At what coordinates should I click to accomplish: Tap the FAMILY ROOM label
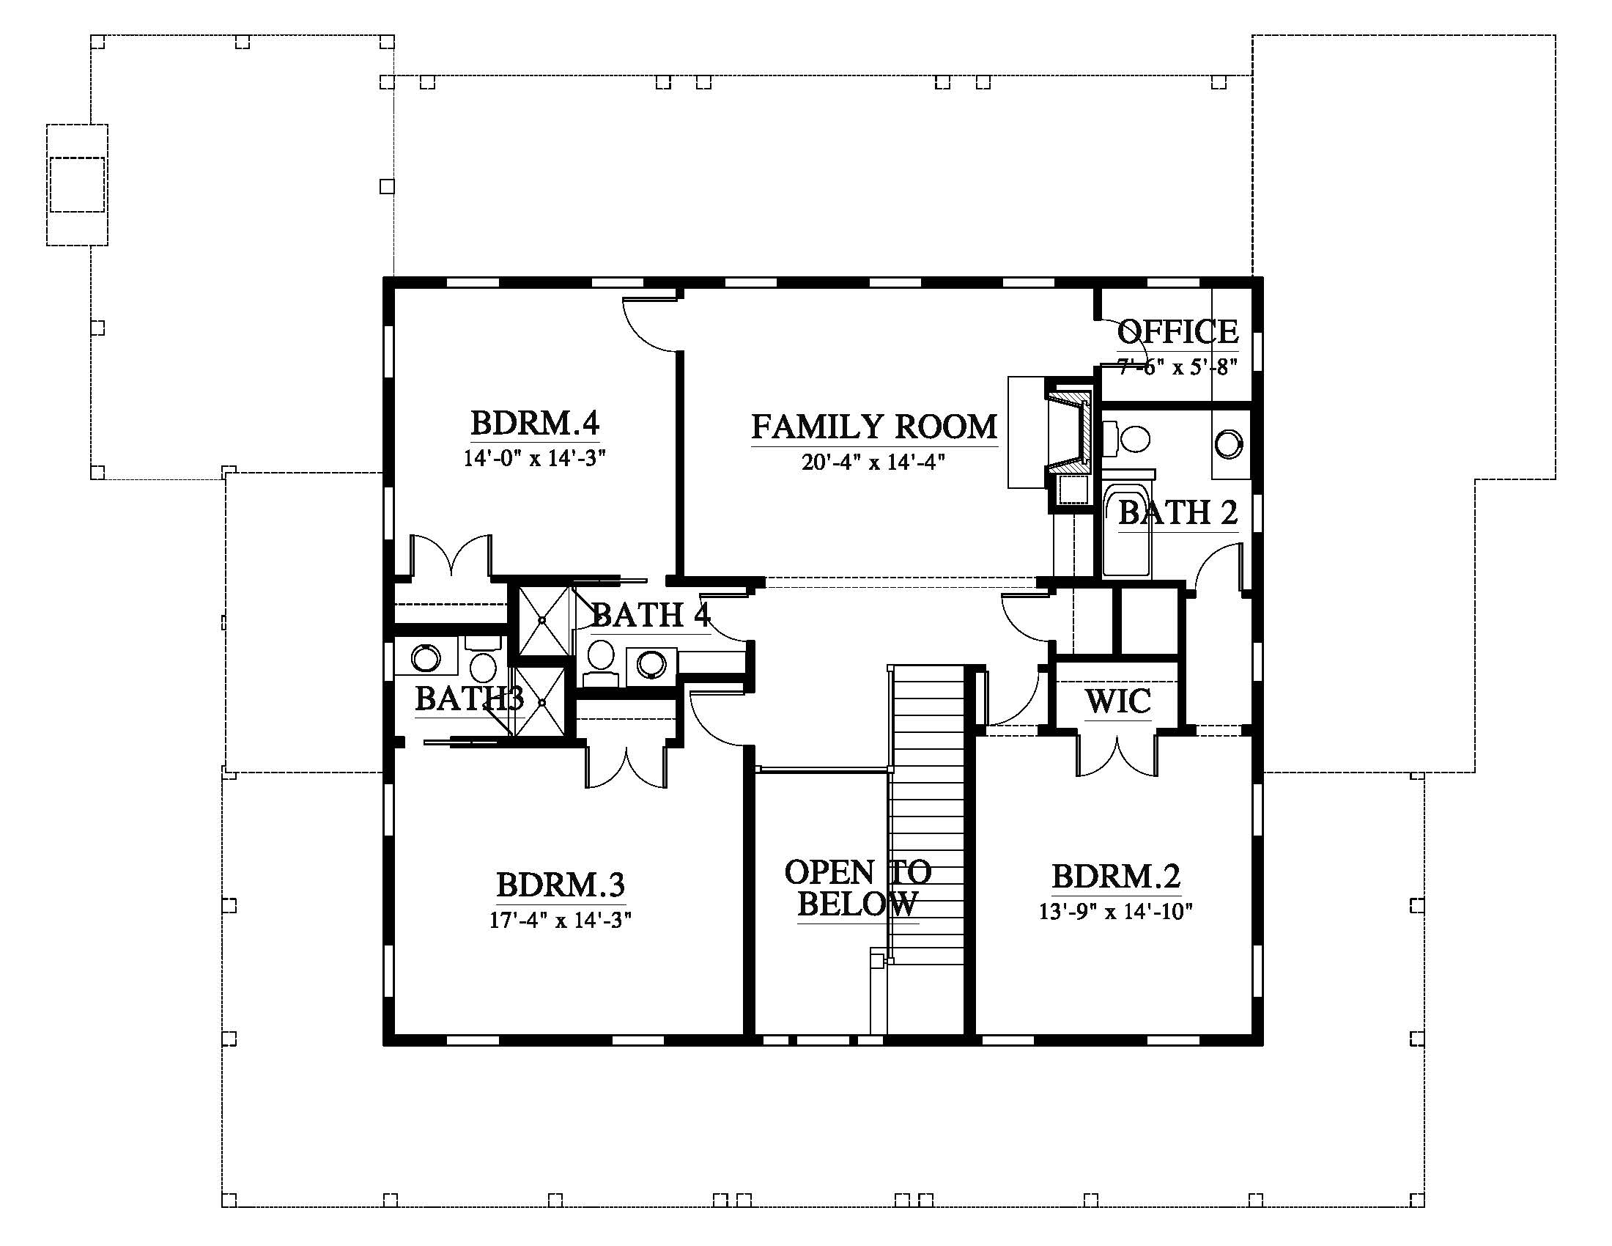tap(874, 427)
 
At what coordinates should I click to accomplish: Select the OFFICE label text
tap(1177, 331)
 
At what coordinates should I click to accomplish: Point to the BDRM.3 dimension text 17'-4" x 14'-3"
tap(561, 920)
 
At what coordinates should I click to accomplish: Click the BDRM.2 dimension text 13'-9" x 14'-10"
tap(1116, 912)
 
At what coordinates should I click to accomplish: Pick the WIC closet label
tap(1117, 701)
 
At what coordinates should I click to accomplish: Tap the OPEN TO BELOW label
tap(858, 888)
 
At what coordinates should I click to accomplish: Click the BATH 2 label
tap(1177, 512)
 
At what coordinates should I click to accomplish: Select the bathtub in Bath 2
tap(1126, 529)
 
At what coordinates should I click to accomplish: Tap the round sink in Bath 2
tap(1229, 443)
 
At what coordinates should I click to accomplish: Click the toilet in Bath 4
tap(600, 661)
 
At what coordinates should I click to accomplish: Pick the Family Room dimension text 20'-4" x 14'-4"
tap(874, 462)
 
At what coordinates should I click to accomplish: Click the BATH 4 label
tap(650, 615)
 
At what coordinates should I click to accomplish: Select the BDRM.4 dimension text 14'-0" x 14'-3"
tap(534, 458)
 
